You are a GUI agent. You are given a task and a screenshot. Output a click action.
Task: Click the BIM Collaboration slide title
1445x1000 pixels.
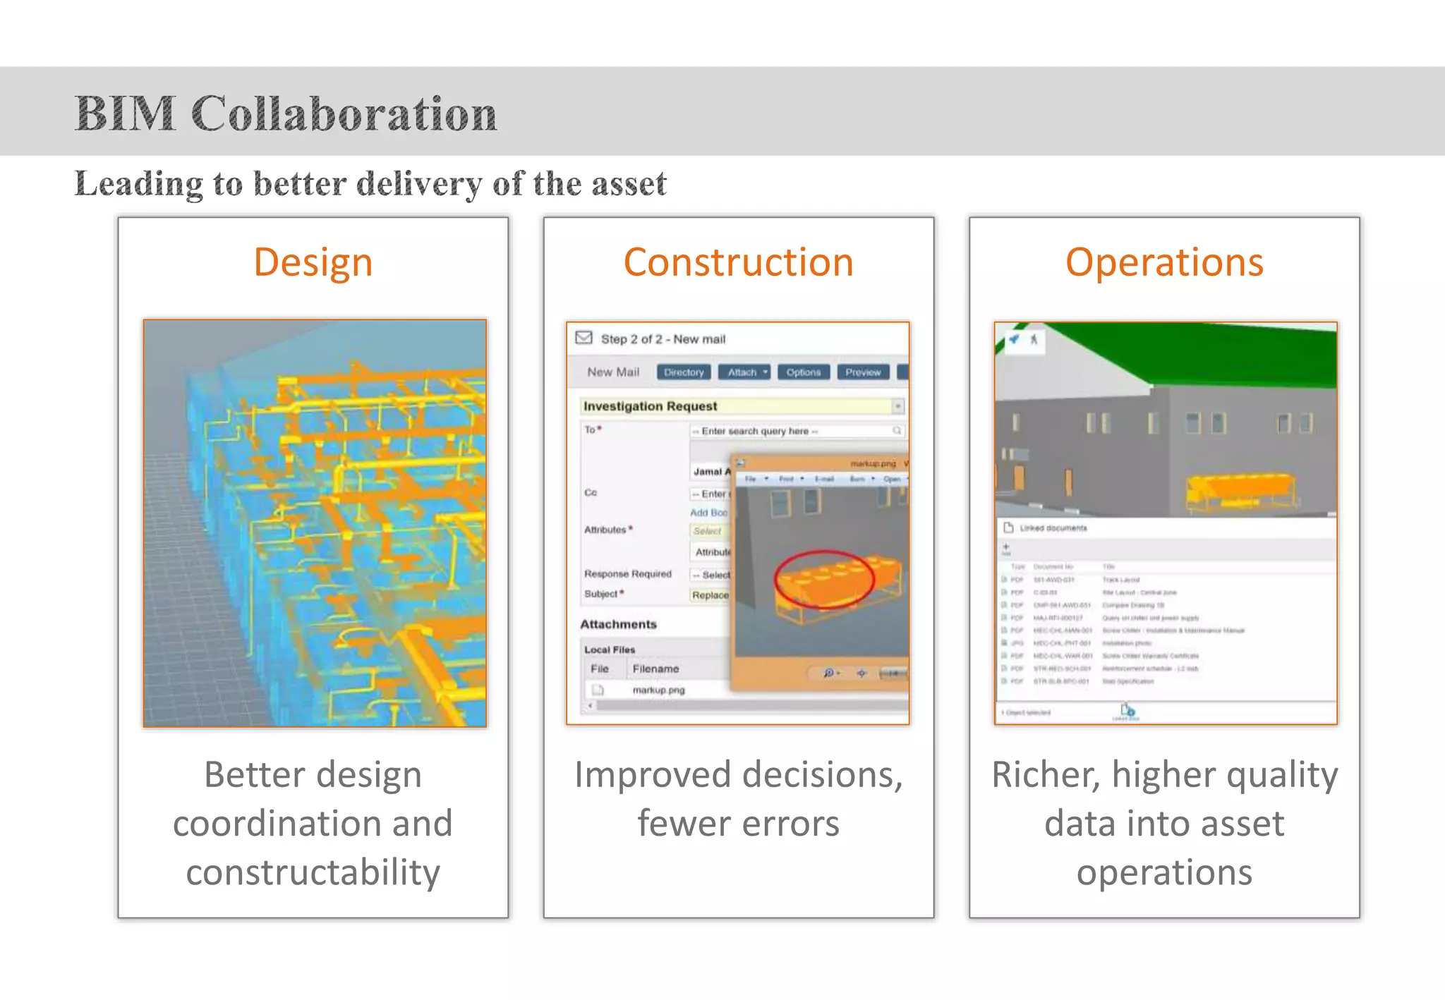(286, 114)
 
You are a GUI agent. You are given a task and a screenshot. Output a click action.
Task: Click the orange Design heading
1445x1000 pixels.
(313, 262)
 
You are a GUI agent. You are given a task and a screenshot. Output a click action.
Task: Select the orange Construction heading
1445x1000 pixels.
(738, 262)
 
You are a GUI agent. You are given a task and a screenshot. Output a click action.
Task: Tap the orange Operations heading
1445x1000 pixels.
(1164, 262)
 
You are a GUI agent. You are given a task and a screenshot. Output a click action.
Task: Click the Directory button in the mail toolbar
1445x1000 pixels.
(683, 372)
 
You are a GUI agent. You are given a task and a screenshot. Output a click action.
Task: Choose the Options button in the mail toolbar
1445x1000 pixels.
(803, 372)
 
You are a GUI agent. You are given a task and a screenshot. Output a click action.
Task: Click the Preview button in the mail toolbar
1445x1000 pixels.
(862, 372)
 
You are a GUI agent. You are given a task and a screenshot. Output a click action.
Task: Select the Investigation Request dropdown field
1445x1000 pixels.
(741, 406)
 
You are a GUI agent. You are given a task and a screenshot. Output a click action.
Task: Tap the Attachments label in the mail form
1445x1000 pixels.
(618, 624)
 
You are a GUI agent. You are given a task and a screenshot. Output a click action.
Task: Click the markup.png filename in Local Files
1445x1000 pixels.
(658, 690)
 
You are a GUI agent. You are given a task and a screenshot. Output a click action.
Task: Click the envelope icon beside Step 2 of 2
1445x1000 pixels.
(584, 338)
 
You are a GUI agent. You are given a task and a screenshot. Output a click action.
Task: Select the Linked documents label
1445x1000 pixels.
(1053, 528)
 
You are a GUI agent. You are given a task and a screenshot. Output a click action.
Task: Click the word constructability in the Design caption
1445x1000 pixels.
(313, 872)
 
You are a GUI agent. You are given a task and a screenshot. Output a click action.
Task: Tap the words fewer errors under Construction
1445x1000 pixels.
(738, 824)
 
